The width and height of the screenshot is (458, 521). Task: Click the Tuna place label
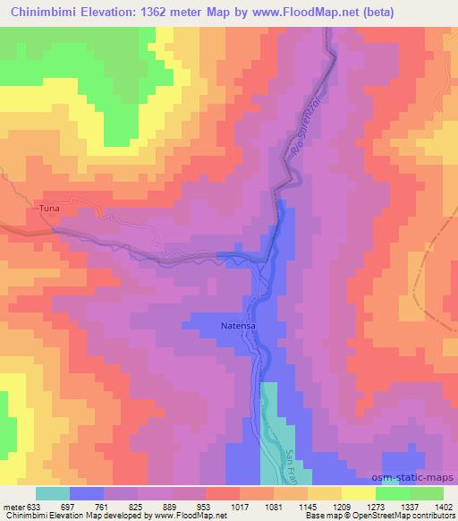tap(49, 208)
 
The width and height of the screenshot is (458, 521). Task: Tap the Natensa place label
tap(239, 327)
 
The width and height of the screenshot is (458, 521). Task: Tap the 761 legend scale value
tap(101, 506)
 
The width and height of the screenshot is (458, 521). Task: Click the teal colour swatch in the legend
tap(52, 493)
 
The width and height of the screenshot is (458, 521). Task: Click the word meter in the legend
tap(14, 506)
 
